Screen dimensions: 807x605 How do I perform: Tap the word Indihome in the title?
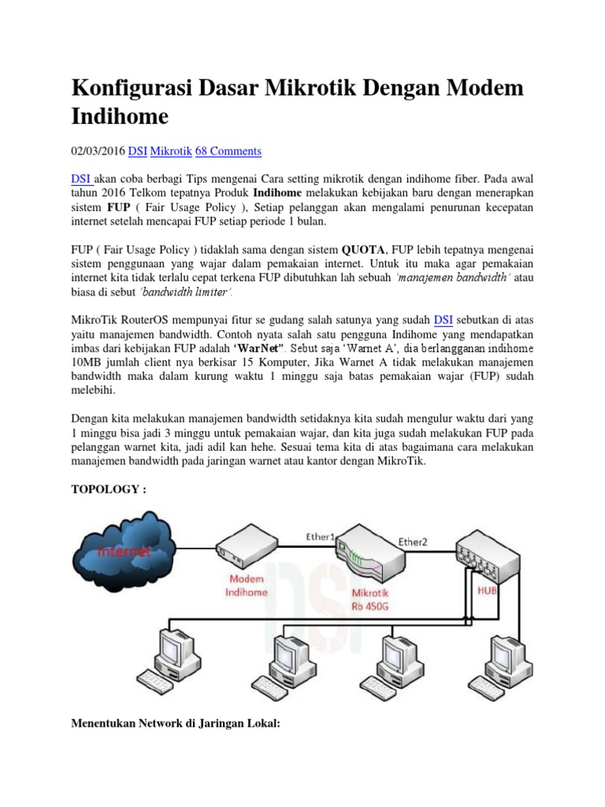point(119,117)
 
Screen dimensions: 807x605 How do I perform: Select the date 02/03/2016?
point(98,151)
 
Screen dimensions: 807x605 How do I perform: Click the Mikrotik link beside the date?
point(171,151)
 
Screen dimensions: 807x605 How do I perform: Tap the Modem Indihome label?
point(247,586)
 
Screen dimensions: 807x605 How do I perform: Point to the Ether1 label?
point(321,537)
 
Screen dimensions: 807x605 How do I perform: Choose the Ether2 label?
point(414,541)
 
